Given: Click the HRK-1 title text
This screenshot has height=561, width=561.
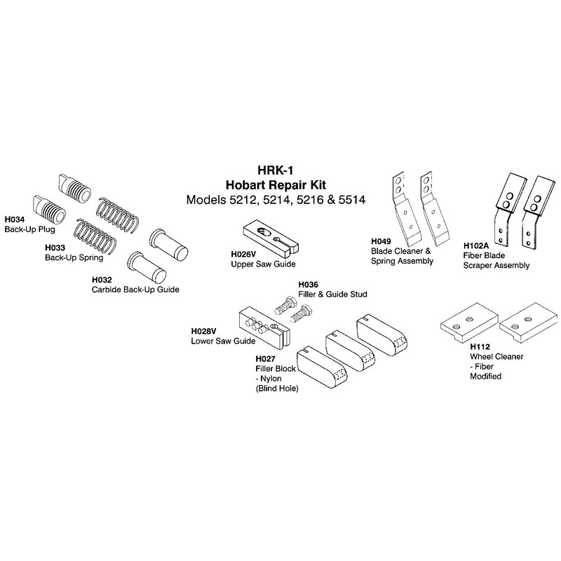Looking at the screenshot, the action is coord(276,170).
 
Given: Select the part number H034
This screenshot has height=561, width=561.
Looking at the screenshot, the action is coord(15,219).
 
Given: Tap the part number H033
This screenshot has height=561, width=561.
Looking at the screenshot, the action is coord(55,248).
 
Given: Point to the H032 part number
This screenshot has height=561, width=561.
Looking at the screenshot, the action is coord(102,280).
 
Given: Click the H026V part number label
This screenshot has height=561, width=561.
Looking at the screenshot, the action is coord(243,255).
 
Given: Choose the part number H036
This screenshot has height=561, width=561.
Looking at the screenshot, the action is coord(309,285).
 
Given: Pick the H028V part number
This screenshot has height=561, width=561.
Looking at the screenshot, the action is coord(203,331).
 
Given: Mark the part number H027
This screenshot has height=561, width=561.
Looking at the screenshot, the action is coord(266,359).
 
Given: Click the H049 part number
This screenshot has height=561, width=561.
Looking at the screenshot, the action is coord(381,241).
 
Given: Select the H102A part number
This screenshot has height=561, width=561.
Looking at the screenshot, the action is coord(476,246).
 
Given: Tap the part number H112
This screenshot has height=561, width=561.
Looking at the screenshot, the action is coord(480,346).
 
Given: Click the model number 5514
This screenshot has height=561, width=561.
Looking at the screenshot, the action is coord(352,200).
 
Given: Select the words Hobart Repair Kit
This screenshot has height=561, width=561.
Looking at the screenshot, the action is coord(276,185).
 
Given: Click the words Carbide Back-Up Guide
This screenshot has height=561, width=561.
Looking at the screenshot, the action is coord(135,290).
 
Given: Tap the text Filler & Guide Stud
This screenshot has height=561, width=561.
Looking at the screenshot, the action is coord(332,294).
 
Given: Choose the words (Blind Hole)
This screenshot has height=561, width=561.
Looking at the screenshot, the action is coord(277,388).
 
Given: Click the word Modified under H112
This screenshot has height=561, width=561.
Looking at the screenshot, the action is coord(485,377).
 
